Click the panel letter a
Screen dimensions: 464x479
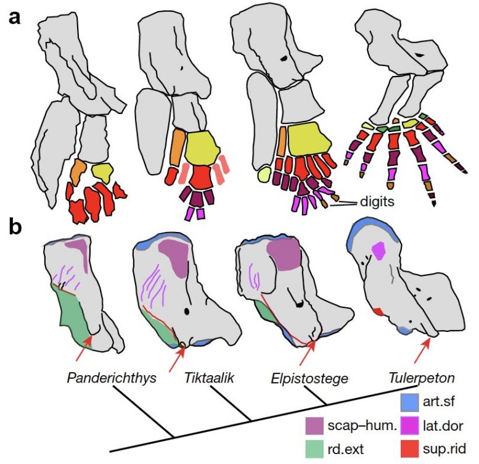pos(14,17)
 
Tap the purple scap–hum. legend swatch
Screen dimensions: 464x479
pos(315,425)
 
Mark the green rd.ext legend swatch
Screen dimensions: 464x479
pos(315,445)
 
